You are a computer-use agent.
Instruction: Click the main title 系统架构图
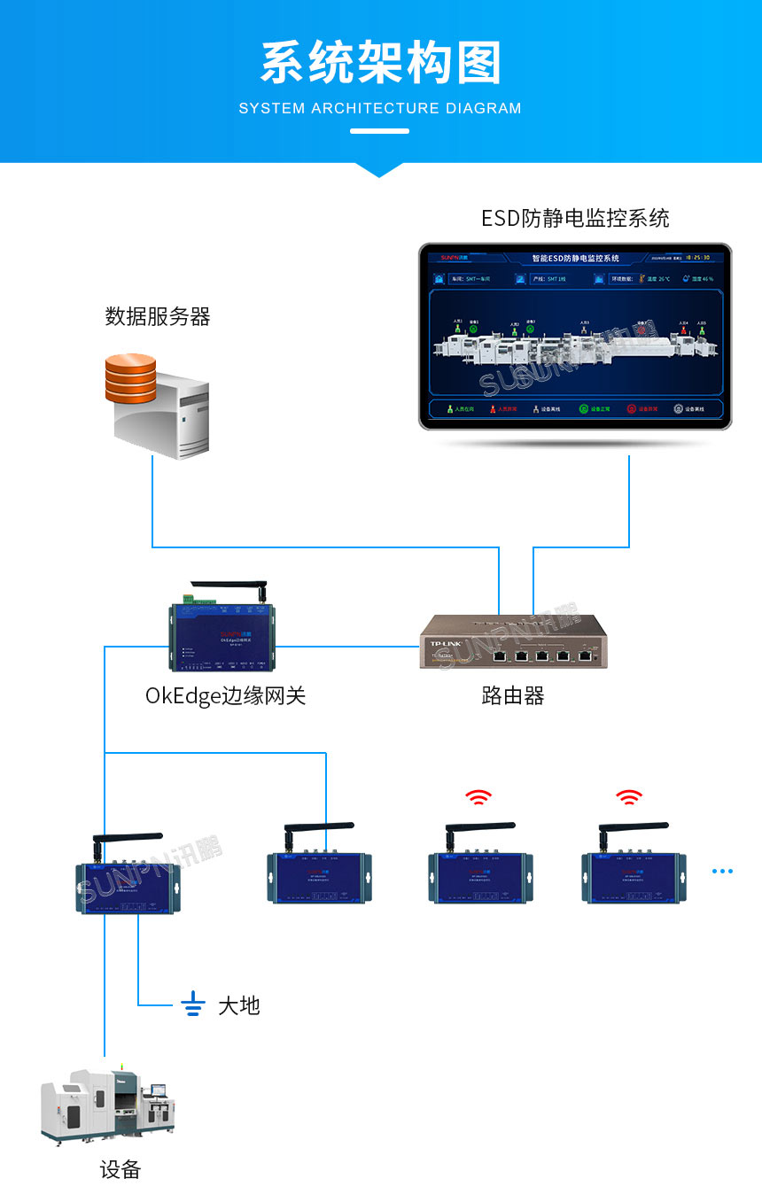pyautogui.click(x=381, y=64)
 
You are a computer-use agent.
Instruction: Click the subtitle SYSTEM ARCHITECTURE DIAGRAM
pyautogui.click(x=380, y=108)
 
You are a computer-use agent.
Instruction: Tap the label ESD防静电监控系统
pyautogui.click(x=575, y=218)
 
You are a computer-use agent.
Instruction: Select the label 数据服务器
pyautogui.click(x=158, y=316)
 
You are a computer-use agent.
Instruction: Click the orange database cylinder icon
pyautogui.click(x=130, y=378)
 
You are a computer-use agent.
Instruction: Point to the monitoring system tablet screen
pyautogui.click(x=575, y=337)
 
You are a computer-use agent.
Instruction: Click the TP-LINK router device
pyautogui.click(x=514, y=641)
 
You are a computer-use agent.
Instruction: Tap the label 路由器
pyautogui.click(x=512, y=695)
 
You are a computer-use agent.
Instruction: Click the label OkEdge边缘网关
pyautogui.click(x=225, y=695)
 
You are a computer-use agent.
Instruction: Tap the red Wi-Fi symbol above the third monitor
pyautogui.click(x=478, y=797)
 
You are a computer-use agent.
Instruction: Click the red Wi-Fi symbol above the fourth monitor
pyautogui.click(x=629, y=797)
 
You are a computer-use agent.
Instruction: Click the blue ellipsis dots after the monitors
pyautogui.click(x=722, y=871)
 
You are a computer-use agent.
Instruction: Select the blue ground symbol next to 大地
pyautogui.click(x=193, y=1004)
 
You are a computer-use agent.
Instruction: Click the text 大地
pyautogui.click(x=239, y=1005)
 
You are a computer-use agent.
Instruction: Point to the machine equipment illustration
pyautogui.click(x=108, y=1104)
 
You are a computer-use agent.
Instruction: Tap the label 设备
pyautogui.click(x=120, y=1169)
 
